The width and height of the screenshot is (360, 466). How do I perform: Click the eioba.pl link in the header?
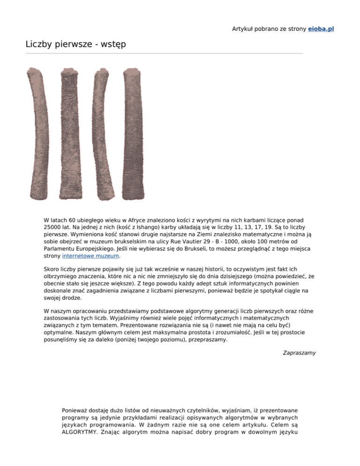[x=321, y=29]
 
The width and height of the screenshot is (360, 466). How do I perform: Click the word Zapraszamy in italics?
[x=299, y=353]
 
